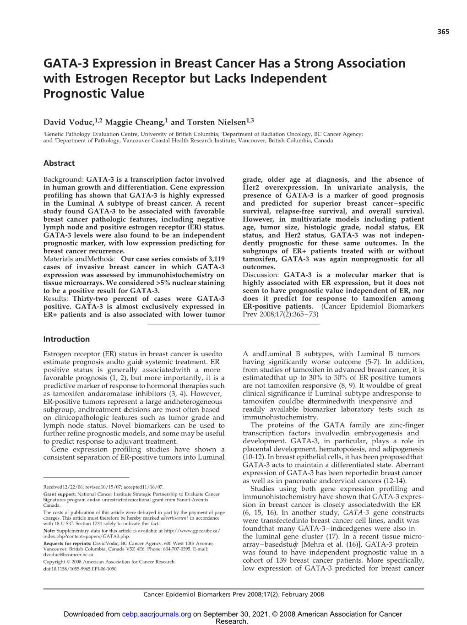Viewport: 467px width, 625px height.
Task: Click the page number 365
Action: [443, 32]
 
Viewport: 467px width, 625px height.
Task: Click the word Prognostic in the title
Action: [71, 94]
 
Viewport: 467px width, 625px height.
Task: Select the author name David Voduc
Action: [68, 122]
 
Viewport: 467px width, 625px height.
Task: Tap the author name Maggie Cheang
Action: [134, 122]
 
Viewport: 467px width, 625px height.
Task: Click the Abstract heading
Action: [59, 163]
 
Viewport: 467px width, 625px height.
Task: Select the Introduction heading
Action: [66, 339]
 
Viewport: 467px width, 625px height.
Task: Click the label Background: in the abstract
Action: [64, 179]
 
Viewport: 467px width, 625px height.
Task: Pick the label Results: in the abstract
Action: [56, 299]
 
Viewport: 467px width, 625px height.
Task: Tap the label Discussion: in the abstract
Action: [261, 275]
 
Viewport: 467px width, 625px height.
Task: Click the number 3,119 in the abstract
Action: [214, 259]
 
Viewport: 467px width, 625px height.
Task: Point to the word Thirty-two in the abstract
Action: [90, 299]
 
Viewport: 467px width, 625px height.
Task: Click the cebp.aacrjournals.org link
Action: [156, 614]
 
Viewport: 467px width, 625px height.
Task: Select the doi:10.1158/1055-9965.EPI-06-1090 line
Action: [80, 569]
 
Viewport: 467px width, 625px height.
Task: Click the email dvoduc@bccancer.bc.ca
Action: [68, 554]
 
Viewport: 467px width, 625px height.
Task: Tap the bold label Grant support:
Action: [60, 495]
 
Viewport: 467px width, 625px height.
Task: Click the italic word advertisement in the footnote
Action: [174, 518]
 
